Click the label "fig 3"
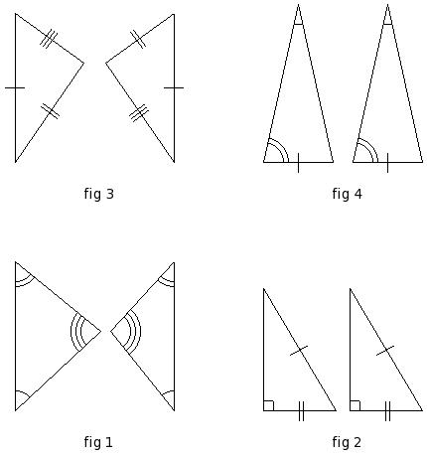tap(98, 194)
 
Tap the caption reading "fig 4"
tap(347, 194)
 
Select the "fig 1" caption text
tap(98, 442)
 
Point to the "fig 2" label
tap(347, 442)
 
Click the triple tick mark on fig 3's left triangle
tap(49, 39)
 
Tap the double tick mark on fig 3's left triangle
tap(50, 111)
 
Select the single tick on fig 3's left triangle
tap(15, 87)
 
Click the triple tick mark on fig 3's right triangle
tap(139, 113)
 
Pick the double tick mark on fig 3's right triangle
tap(138, 39)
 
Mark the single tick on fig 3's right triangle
tap(174, 87)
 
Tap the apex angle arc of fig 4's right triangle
tap(387, 24)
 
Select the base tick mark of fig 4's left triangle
tap(298, 163)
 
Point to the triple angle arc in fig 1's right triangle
tap(136, 331)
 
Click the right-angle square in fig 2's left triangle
tap(268, 405)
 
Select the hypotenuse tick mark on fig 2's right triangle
tap(385, 351)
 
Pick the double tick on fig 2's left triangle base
tap(301, 411)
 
